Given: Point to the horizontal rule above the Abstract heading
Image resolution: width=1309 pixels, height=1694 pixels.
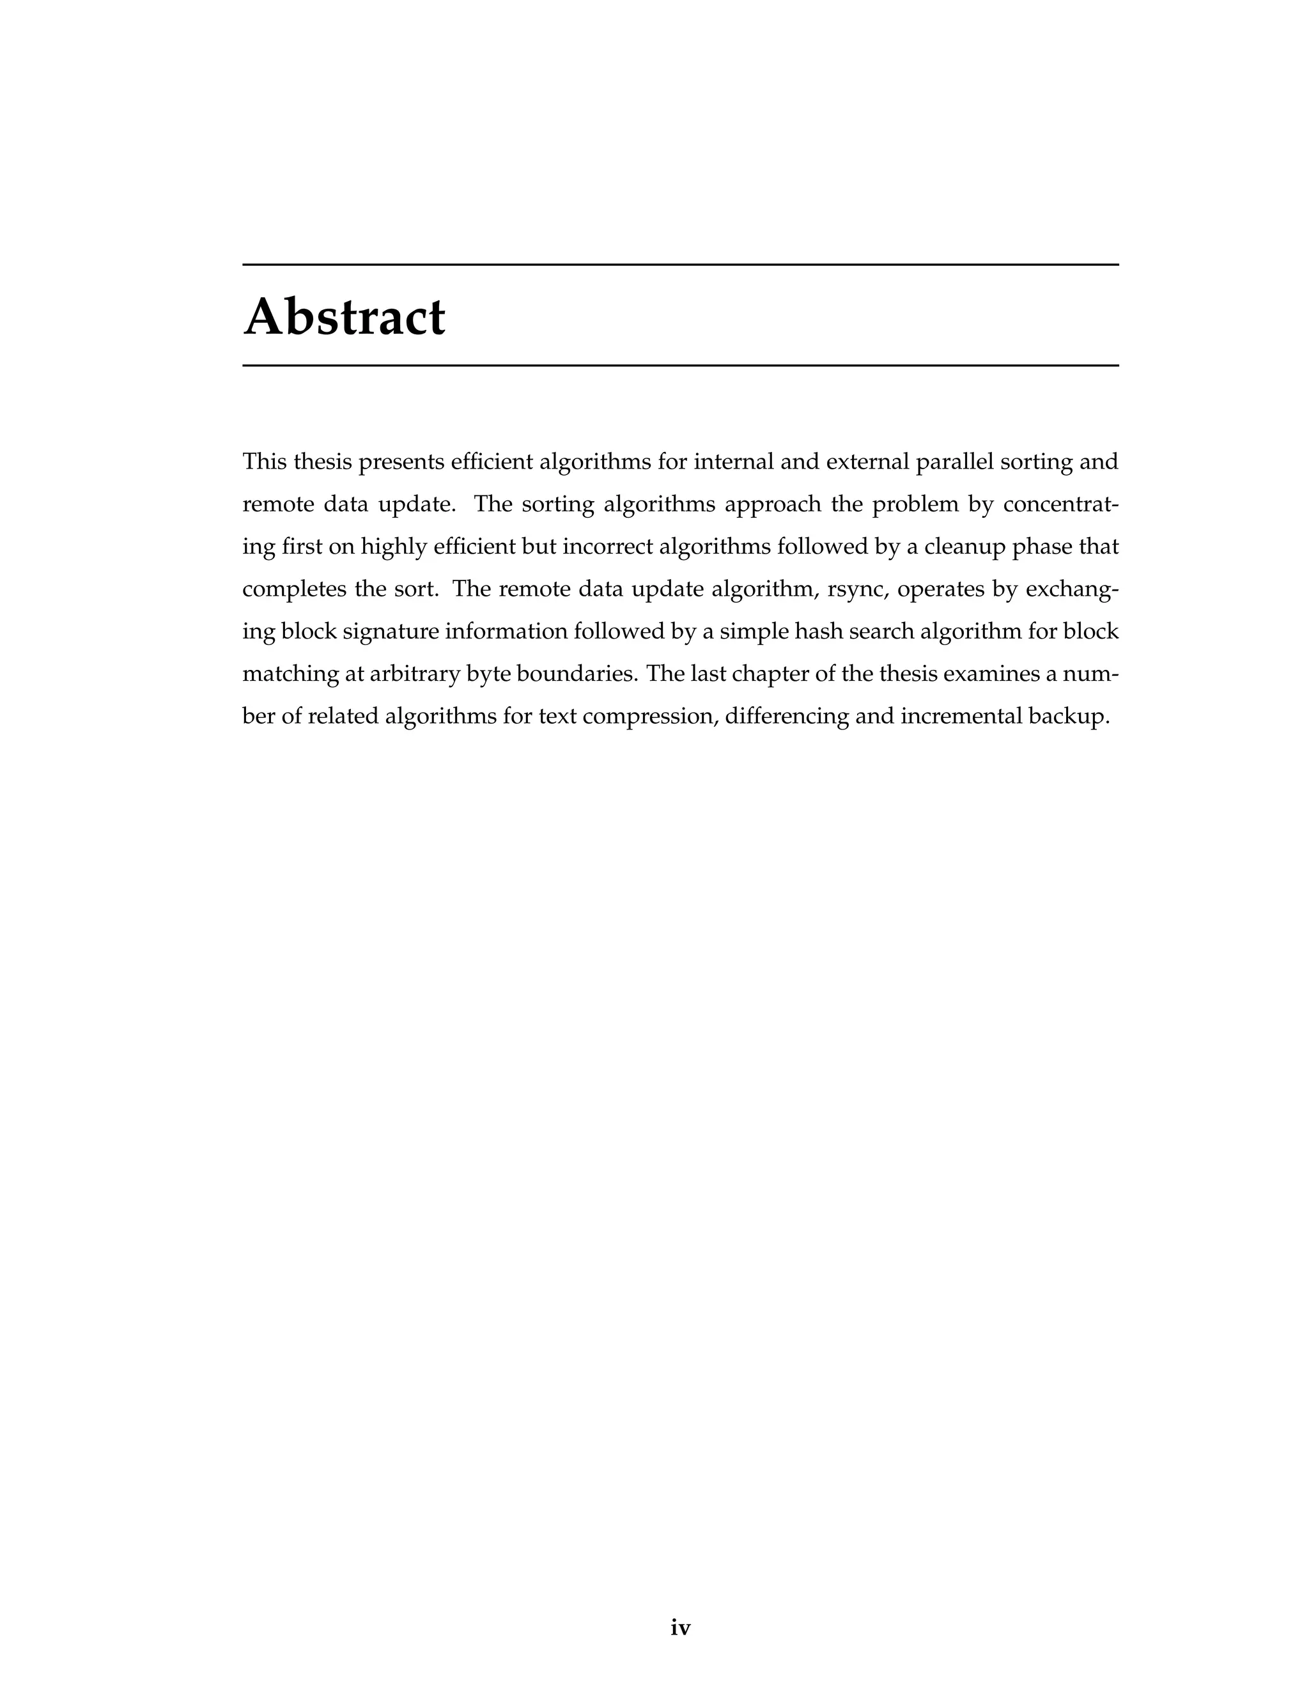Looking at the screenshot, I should coord(680,265).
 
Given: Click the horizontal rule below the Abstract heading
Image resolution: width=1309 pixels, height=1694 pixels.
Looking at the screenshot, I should coord(680,364).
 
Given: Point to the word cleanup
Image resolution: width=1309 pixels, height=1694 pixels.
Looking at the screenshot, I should coord(966,547).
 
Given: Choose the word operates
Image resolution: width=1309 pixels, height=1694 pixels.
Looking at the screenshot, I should coord(930,589).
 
